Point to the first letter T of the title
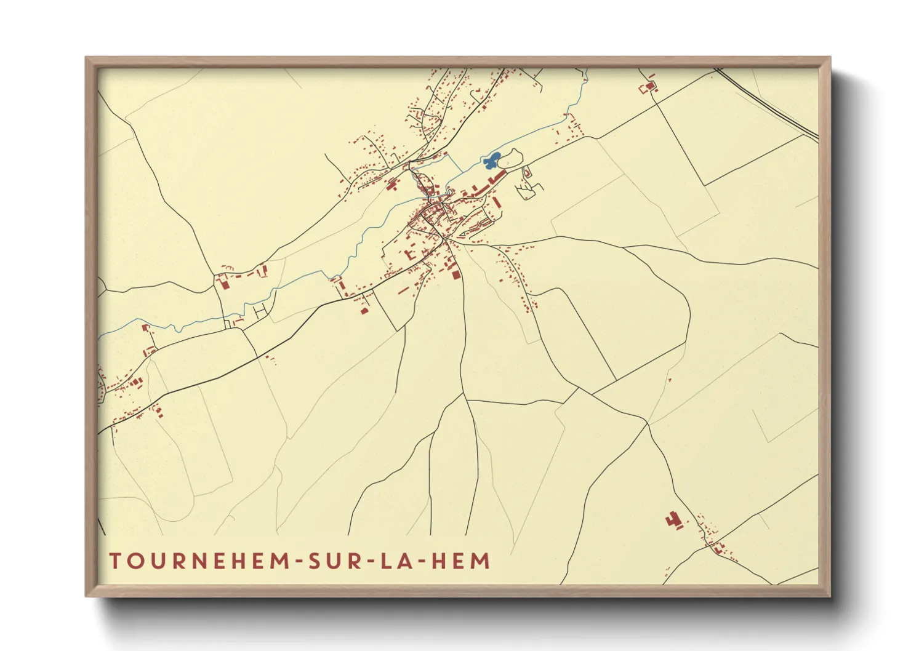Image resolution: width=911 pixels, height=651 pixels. coord(115,561)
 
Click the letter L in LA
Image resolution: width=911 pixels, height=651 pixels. coord(386,561)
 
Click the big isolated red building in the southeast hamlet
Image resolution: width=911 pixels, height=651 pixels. coord(673,521)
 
